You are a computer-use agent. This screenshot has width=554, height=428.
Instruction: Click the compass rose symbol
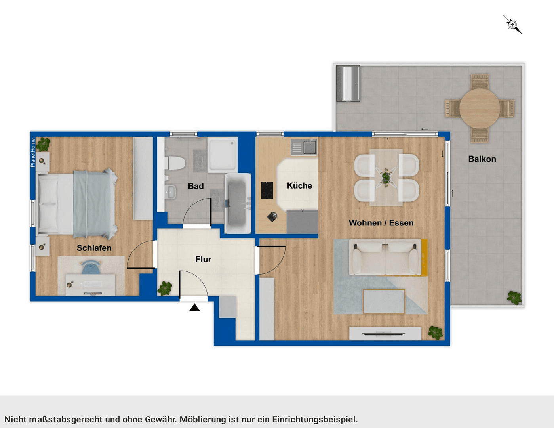coord(513,25)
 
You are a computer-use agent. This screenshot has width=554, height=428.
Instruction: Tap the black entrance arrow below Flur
coord(194,308)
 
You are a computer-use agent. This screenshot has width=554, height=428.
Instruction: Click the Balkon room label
coord(482,159)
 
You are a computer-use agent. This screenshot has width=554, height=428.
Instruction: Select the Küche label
coord(299,186)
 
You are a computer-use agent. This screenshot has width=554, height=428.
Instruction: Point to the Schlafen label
coord(94,248)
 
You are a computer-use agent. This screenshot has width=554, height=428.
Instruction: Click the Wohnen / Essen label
coord(381,223)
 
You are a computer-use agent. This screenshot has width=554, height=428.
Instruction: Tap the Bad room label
coord(196,186)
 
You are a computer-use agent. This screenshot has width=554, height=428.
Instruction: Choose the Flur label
coord(203,259)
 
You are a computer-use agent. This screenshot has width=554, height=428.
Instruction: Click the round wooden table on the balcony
coord(480,108)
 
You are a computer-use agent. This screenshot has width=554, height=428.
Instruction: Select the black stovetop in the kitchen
coord(267,190)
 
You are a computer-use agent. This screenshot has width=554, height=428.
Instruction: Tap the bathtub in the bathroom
coord(238,203)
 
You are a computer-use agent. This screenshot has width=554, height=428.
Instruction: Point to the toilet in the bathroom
coord(175,163)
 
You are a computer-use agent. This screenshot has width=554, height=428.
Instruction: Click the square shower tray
coord(222,155)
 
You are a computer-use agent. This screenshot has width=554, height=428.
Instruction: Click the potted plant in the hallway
coord(165,288)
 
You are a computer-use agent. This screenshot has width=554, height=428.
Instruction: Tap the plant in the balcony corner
coord(514,297)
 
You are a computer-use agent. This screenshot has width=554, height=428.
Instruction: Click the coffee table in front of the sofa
coord(384,302)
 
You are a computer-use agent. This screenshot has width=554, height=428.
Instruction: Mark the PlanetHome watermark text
coord(33,153)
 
